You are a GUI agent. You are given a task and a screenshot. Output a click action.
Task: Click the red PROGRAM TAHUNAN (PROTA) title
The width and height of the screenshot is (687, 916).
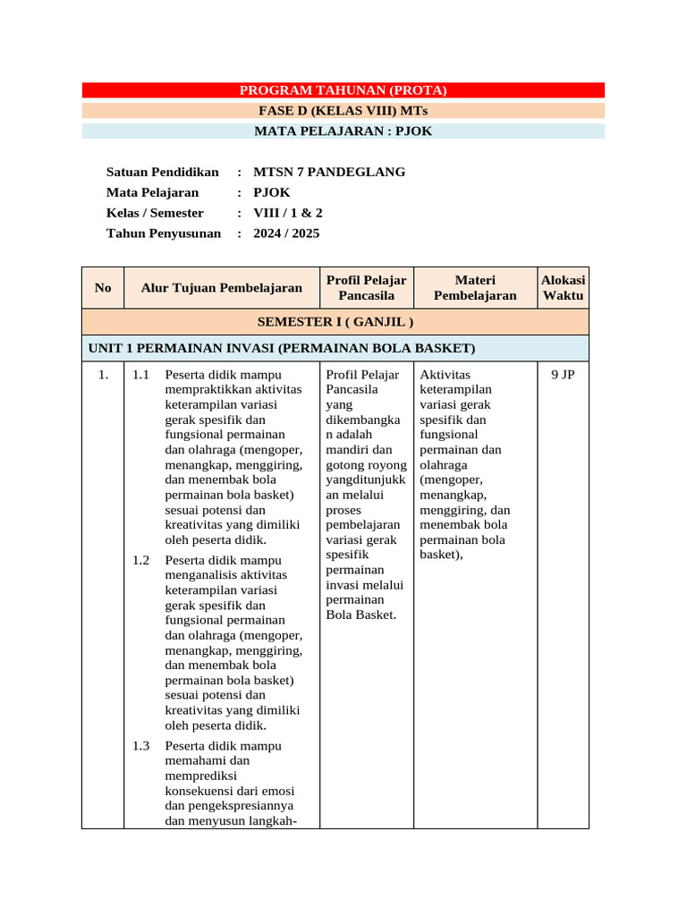[343, 90]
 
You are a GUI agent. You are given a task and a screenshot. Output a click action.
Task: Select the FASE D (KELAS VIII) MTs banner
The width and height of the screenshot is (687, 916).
[343, 111]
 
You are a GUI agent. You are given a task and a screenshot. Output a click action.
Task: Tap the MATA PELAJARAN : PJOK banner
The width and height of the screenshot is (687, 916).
[343, 131]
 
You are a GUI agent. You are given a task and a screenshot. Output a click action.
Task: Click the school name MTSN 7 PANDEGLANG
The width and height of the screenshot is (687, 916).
[329, 172]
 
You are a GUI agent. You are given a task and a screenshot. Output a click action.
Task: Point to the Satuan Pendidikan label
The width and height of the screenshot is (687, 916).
[162, 172]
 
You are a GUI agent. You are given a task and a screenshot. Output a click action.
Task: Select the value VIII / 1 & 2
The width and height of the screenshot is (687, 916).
[288, 213]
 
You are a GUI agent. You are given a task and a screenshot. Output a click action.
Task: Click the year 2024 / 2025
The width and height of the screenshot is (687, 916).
[286, 233]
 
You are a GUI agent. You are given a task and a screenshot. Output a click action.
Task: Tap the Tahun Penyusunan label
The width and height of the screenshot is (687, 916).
[163, 233]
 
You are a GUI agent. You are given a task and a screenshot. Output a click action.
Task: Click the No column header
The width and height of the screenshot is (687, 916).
[103, 287]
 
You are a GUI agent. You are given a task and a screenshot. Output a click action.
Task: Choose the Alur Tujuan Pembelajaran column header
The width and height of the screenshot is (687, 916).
[221, 287]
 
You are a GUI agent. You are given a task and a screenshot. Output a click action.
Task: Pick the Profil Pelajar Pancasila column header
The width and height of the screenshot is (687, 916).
[366, 287]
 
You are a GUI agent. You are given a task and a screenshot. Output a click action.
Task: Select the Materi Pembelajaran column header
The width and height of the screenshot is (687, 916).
[475, 287]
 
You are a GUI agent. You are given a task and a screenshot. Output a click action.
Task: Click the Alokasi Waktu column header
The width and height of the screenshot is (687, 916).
[563, 287]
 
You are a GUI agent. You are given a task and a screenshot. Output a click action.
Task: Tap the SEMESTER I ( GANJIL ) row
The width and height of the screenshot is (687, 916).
[335, 321]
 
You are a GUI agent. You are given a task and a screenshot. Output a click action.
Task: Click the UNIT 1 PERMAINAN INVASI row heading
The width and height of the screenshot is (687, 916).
[281, 347]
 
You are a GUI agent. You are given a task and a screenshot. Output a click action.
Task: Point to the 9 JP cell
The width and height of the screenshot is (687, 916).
[563, 375]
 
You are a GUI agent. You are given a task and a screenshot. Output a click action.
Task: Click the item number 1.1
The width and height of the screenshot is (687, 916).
[141, 375]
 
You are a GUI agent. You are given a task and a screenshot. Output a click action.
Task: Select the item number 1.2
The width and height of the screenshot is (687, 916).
[141, 560]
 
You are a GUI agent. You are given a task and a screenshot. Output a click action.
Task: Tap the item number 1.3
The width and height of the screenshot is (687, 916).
[141, 745]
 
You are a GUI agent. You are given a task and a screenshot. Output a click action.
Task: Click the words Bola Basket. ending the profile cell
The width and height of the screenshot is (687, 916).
[360, 615]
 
